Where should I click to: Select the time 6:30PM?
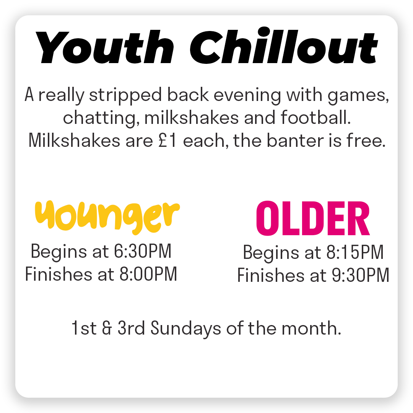pyautogui.click(x=142, y=252)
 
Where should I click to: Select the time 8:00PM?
pyautogui.click(x=148, y=274)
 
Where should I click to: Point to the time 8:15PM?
pyautogui.click(x=354, y=252)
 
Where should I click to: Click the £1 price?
pyautogui.click(x=167, y=141)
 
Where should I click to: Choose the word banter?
pyautogui.click(x=294, y=141)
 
